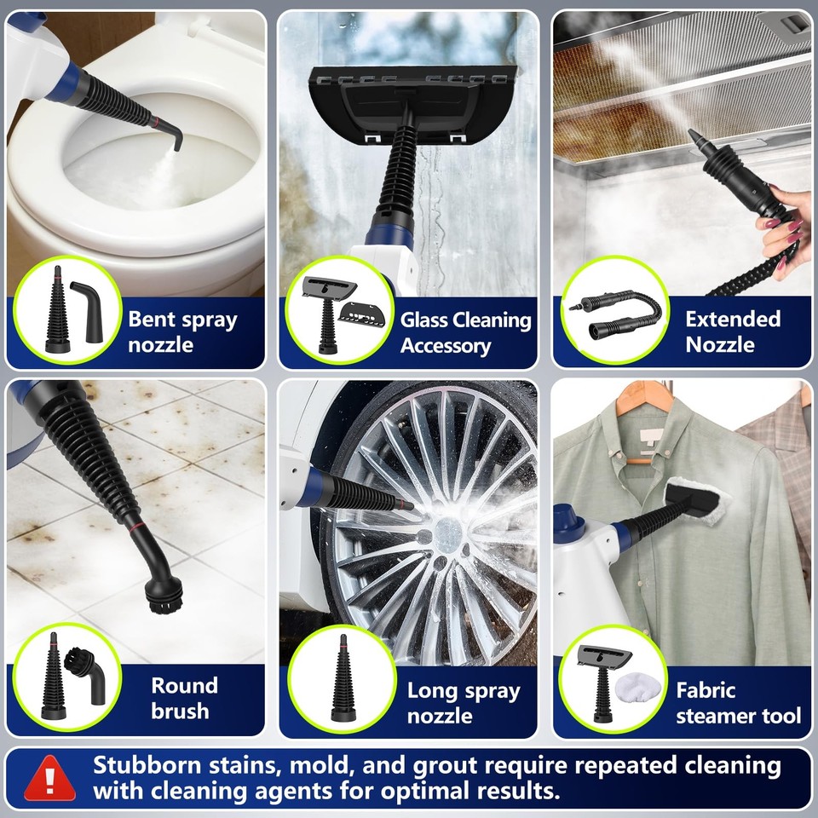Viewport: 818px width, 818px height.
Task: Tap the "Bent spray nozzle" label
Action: (182, 332)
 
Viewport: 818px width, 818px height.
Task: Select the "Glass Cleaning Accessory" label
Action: (465, 332)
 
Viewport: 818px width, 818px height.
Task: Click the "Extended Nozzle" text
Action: (732, 331)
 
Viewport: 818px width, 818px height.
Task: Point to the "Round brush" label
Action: (184, 698)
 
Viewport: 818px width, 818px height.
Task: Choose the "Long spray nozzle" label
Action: (463, 702)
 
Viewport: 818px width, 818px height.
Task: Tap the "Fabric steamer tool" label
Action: (738, 702)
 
